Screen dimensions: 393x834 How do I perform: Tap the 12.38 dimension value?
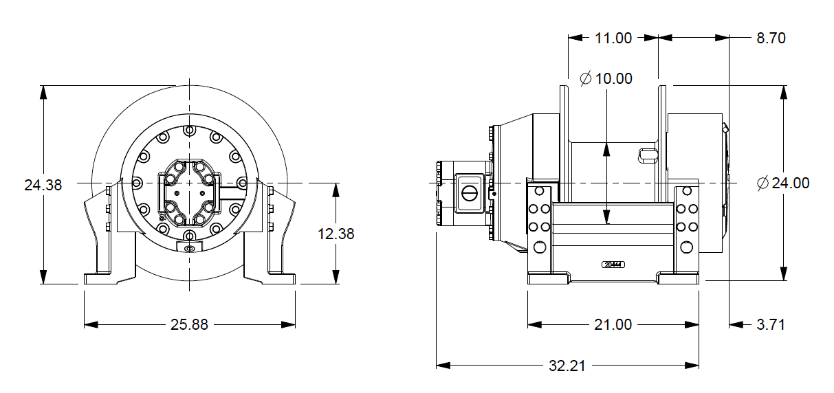336,234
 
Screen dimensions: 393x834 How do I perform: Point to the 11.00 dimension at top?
613,38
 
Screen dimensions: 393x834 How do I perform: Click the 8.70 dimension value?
771,38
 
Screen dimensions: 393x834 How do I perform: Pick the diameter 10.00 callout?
606,78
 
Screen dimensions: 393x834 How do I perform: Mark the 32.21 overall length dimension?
567,366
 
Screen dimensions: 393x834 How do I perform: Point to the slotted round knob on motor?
470,192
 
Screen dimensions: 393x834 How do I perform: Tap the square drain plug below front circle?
189,247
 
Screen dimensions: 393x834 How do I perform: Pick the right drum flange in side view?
663,137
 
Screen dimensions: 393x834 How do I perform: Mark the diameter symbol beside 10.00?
586,78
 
